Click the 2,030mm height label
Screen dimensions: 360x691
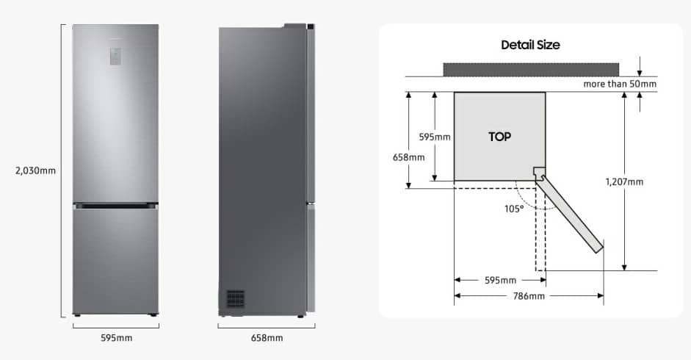point(35,170)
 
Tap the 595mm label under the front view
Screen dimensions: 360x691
point(115,338)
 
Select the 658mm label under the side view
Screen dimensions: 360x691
point(267,338)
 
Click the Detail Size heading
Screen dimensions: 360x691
point(530,45)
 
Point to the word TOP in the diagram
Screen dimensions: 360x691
point(499,137)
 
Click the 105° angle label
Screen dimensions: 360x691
point(514,209)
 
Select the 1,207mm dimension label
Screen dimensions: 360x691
point(624,181)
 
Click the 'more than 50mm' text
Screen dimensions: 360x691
point(620,84)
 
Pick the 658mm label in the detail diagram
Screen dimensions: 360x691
point(409,157)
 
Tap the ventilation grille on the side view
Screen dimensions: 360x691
point(235,298)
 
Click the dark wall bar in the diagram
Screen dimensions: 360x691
point(531,69)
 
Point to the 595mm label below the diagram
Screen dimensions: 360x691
point(499,281)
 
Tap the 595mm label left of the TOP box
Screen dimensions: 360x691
point(435,137)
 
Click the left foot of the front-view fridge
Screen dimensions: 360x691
point(77,315)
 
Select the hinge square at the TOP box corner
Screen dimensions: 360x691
point(539,173)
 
